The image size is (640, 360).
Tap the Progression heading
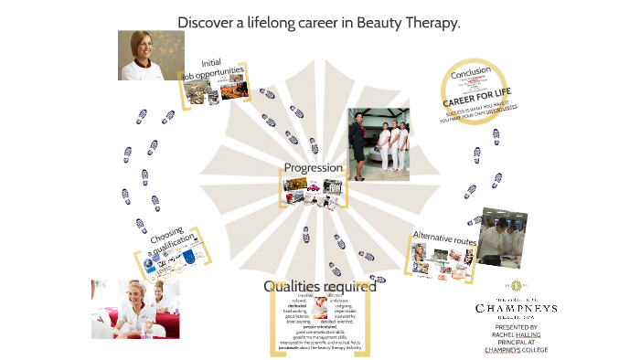click(x=313, y=168)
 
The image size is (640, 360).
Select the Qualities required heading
click(x=319, y=286)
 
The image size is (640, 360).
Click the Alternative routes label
click(x=444, y=238)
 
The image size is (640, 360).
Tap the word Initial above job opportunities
click(x=213, y=62)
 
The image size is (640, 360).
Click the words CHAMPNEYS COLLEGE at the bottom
click(x=517, y=350)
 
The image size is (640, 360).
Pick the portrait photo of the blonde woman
click(x=151, y=55)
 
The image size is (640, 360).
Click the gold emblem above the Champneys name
click(x=517, y=286)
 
